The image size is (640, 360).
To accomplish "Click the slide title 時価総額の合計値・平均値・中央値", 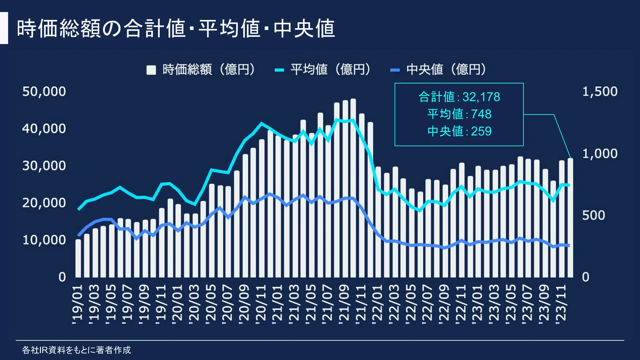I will coord(176,28).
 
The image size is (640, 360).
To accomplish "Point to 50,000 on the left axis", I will coord(44,92).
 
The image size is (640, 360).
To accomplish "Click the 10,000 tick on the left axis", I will coord(44,240).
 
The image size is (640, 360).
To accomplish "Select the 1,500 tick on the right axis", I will coord(600,92).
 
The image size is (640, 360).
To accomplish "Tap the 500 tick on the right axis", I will coord(593,215).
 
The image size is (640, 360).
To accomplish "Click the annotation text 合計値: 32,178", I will coord(459,97).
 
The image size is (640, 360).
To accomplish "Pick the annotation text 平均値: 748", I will coord(459,114).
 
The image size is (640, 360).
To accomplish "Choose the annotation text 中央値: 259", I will coord(459,131).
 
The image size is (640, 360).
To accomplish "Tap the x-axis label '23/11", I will coord(561,303).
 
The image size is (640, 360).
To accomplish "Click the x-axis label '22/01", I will coord(377,303).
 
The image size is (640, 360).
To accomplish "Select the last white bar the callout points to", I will coord(570,219).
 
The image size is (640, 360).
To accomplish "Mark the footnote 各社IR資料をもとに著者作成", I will coord(77,350).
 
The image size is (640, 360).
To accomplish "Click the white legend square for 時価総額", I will coord(151,70).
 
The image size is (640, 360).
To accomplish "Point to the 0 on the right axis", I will coord(585,277).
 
